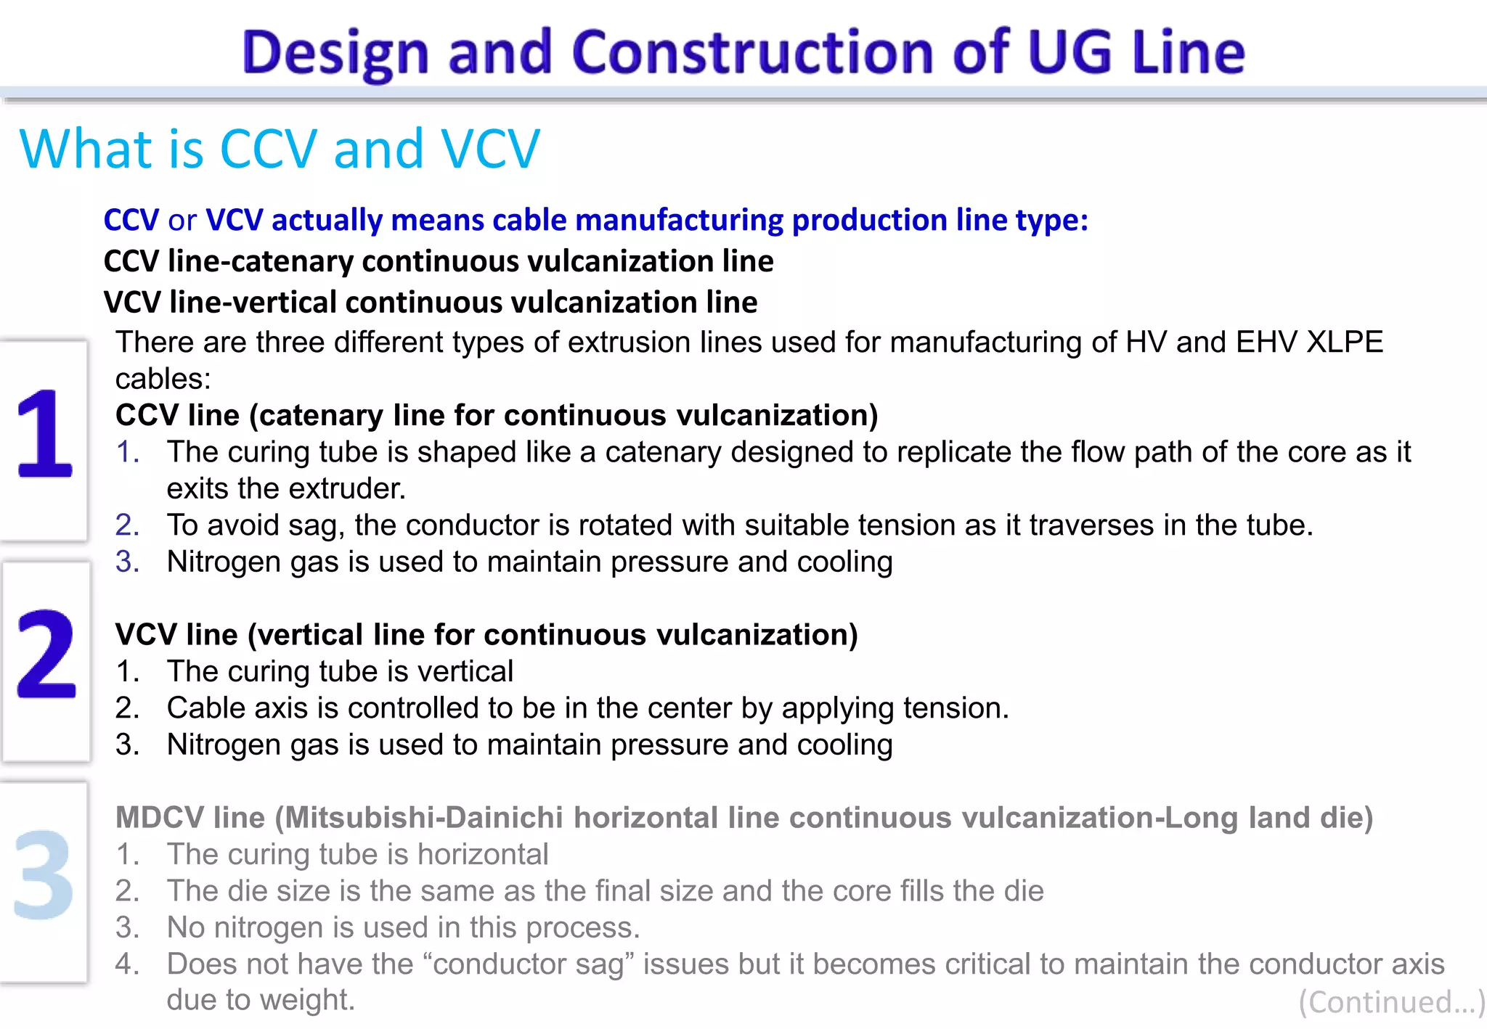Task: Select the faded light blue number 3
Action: (44, 874)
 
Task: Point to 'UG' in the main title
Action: (1070, 52)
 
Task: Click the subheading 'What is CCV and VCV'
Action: (280, 149)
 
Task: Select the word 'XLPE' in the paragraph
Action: (1345, 342)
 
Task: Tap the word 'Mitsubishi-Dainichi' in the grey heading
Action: (423, 818)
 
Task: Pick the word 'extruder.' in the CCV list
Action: (359, 488)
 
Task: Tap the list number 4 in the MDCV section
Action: (127, 964)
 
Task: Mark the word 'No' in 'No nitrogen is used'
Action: (186, 927)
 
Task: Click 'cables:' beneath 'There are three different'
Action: (163, 379)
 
